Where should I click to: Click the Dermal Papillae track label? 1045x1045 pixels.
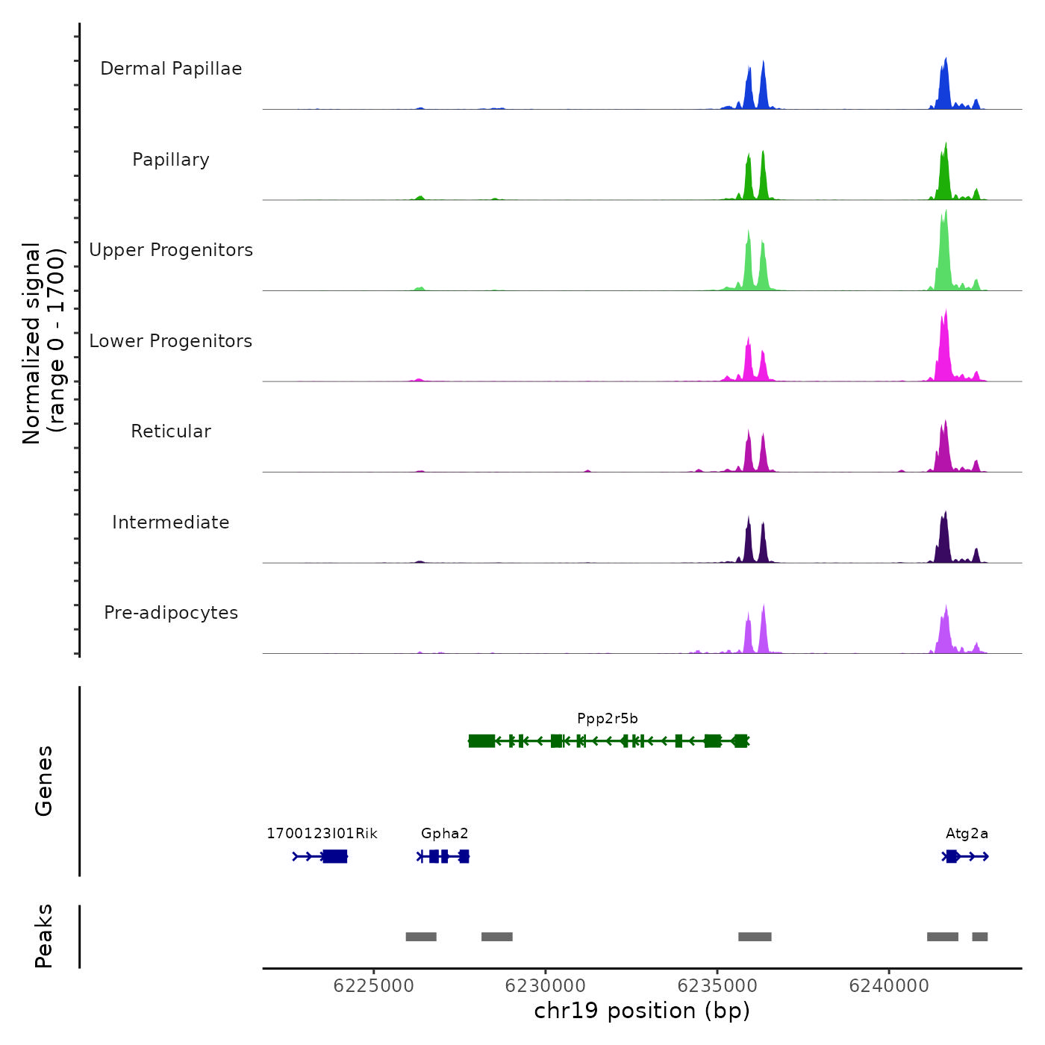coord(171,69)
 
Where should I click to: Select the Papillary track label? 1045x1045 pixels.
coord(171,160)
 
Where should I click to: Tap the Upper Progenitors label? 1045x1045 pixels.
coord(171,250)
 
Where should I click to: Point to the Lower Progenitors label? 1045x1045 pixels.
coord(171,341)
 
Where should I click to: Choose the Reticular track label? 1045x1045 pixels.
coord(171,431)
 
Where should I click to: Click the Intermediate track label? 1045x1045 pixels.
coord(171,522)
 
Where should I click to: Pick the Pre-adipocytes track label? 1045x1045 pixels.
coord(171,613)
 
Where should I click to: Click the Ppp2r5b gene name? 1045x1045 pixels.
coord(608,719)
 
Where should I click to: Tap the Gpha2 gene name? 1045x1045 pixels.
coord(445,834)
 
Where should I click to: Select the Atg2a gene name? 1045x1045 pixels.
coord(967,834)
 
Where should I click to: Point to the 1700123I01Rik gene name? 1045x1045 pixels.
coord(322,834)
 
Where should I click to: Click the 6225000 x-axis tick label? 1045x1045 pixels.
coord(373,986)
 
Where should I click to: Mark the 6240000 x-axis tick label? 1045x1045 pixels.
coord(889,986)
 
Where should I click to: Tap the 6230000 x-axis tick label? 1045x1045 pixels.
coord(546,986)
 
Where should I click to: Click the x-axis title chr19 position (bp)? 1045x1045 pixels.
coord(642,1011)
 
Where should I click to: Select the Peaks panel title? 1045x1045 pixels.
coord(44,936)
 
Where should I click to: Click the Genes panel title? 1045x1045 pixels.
coord(44,781)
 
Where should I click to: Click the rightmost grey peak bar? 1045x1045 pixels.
coord(979,937)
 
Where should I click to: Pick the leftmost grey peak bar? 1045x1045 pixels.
coord(421,937)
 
